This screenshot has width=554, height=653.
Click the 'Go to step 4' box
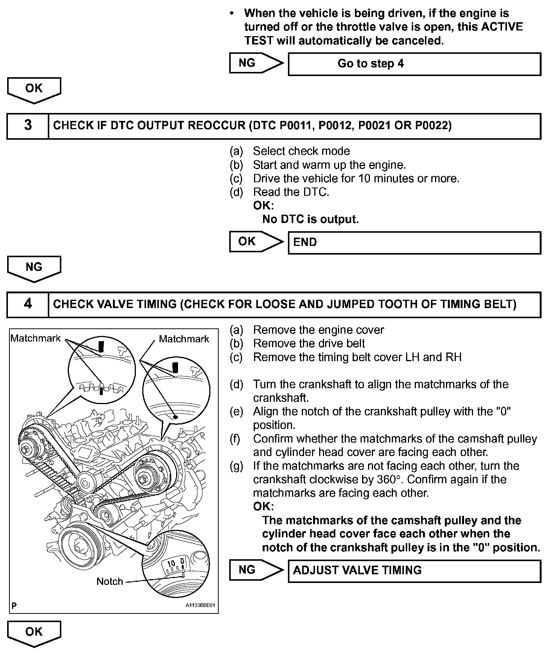(x=414, y=64)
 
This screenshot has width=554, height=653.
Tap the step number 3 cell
(x=28, y=126)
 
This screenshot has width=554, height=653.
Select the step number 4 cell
(x=28, y=304)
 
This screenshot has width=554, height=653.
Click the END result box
(x=414, y=242)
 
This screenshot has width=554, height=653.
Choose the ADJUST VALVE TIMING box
(x=414, y=571)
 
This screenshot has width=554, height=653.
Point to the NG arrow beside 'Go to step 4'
(x=256, y=63)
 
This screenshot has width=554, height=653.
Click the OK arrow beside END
(x=256, y=241)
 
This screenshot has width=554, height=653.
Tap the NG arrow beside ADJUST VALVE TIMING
(x=256, y=570)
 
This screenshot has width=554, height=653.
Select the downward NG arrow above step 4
(x=34, y=268)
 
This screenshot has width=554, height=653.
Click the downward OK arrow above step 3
(x=34, y=90)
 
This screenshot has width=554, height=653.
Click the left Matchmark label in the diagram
(x=35, y=338)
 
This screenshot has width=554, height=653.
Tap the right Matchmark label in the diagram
(x=184, y=339)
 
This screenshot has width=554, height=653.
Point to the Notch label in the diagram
(x=110, y=581)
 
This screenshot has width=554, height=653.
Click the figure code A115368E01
(x=200, y=606)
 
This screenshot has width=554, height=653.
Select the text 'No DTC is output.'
(x=310, y=219)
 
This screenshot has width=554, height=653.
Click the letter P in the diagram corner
(x=14, y=606)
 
